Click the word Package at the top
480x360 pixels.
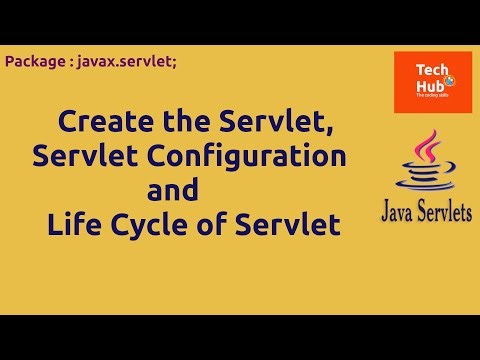point(34,62)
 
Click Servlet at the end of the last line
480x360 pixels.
point(290,223)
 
